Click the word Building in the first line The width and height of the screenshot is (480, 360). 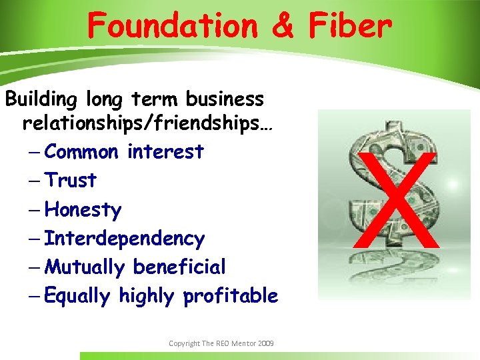[41, 99]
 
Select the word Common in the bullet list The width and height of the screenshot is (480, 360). [81, 152]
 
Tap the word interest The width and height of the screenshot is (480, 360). [165, 152]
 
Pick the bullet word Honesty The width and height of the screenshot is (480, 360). [83, 210]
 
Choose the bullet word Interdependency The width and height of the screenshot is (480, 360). [125, 238]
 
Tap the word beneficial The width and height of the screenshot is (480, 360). [179, 267]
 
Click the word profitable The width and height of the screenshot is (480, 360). [231, 296]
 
